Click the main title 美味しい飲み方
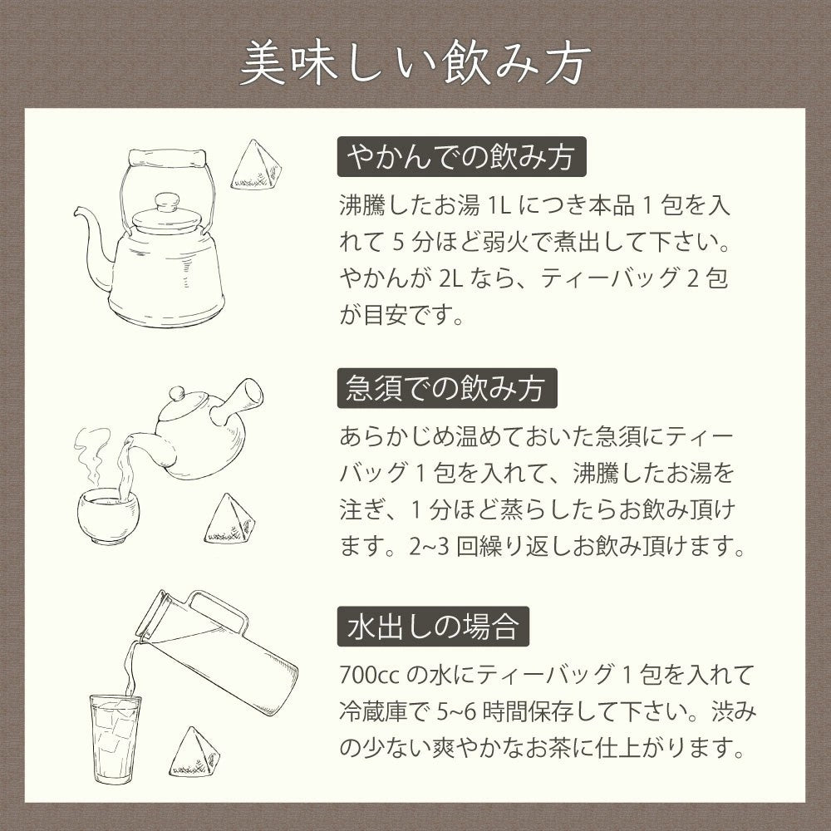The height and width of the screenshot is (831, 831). pyautogui.click(x=415, y=63)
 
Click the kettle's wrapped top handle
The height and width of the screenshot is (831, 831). pyautogui.click(x=167, y=157)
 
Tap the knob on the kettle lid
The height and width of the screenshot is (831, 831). pyautogui.click(x=167, y=202)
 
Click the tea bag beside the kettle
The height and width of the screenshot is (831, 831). pyautogui.click(x=255, y=166)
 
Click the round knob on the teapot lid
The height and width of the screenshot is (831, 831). pyautogui.click(x=177, y=394)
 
